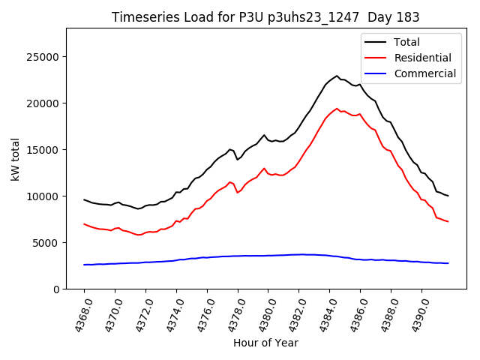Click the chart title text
(265, 17)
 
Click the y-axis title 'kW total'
(16, 158)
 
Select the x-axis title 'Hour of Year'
(265, 343)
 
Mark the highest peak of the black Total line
(337, 76)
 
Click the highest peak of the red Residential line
(337, 108)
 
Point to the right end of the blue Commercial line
(448, 263)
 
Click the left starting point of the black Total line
(84, 199)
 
